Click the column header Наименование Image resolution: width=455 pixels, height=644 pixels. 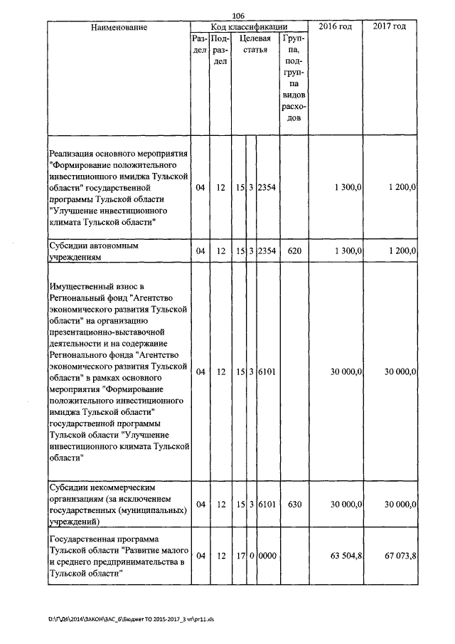(119, 27)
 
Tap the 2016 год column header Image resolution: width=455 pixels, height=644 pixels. (336, 26)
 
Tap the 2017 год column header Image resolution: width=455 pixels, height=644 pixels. (390, 26)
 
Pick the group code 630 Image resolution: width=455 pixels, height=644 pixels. (295, 504)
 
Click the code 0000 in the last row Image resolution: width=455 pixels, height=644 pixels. (267, 555)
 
